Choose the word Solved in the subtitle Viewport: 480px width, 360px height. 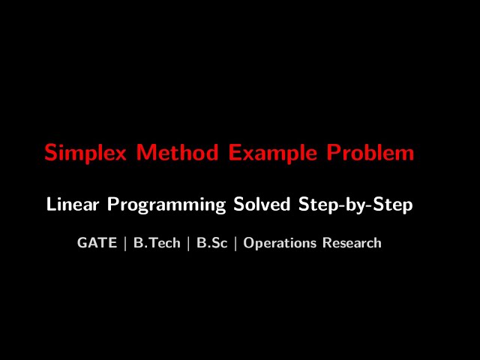pos(262,204)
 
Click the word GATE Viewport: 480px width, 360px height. pos(97,243)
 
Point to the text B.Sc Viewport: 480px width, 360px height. pos(211,243)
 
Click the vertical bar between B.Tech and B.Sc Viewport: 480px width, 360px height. pos(188,243)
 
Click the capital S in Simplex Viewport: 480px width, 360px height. pos(51,153)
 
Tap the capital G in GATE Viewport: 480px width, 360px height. pos(82,243)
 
